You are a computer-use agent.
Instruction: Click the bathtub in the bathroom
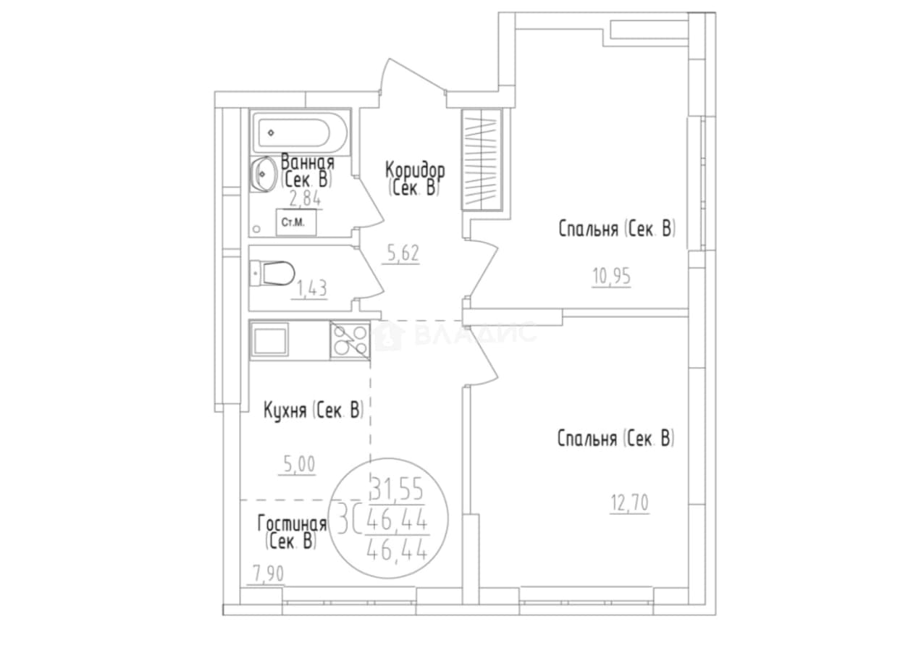point(300,133)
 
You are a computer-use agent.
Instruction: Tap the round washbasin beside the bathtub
point(263,175)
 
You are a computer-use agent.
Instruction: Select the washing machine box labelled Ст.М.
point(296,222)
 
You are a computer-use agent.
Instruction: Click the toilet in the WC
point(272,273)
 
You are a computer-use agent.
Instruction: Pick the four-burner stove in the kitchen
point(350,340)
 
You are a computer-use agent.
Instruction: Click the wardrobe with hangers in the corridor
point(482,159)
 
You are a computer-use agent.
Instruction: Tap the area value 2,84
point(305,199)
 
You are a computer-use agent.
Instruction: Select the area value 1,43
point(311,290)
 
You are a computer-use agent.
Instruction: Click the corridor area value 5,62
point(403,254)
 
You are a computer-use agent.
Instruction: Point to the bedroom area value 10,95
point(612,277)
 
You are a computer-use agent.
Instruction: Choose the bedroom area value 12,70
point(629,503)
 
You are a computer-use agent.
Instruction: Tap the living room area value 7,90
point(269,574)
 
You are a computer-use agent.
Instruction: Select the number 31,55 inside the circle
point(398,489)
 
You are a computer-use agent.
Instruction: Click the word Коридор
point(415,170)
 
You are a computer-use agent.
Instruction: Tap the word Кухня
point(285,411)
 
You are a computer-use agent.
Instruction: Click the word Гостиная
point(293,524)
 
